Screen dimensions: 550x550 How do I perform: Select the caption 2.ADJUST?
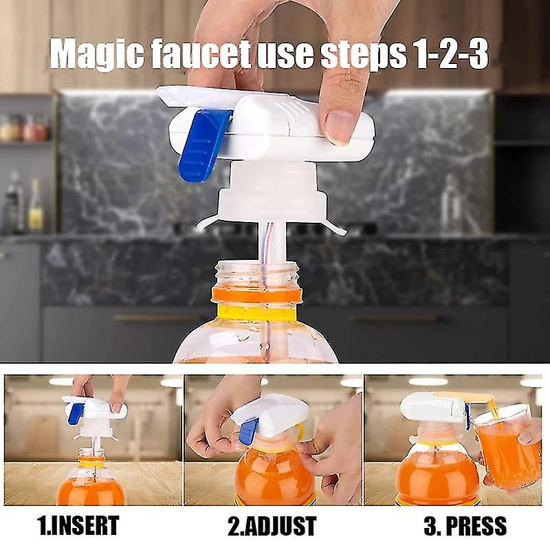click(272, 527)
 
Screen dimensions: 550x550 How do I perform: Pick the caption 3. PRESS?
click(464, 527)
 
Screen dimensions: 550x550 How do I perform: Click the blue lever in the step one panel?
click(76, 412)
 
